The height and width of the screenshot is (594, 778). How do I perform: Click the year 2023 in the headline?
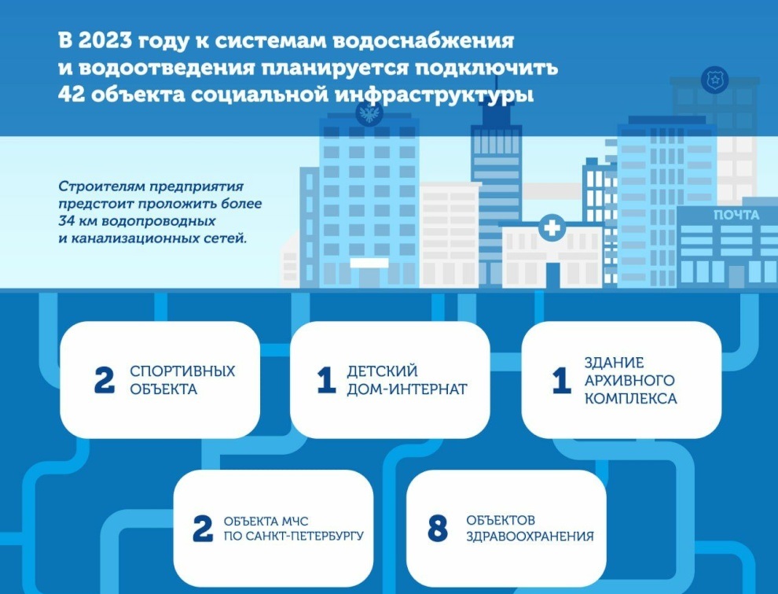[105, 41]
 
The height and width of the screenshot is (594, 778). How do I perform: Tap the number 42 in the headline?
[72, 94]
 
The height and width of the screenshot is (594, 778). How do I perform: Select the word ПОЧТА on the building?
[736, 215]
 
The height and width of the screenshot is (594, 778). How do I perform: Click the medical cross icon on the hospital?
[551, 228]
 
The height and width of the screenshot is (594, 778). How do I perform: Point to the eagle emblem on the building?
[368, 113]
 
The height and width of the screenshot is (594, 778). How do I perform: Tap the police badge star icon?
[714, 79]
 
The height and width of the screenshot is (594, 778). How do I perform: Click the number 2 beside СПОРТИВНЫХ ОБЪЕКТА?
[105, 381]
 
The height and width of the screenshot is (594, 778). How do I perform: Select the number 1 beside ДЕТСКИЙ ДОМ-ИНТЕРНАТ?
[326, 381]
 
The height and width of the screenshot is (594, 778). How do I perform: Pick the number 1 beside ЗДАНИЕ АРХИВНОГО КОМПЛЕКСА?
[562, 381]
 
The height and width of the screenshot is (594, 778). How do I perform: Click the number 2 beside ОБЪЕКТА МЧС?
[203, 529]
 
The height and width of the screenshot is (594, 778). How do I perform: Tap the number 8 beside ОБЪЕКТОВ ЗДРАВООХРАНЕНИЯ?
[437, 529]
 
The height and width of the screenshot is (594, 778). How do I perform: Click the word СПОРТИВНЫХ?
[182, 371]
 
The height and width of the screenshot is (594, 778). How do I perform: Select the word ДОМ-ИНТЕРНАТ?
[407, 389]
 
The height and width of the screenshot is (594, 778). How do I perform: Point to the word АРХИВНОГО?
[629, 381]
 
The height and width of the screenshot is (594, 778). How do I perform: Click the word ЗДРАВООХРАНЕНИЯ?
[530, 536]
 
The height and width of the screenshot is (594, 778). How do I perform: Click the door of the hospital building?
[552, 275]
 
